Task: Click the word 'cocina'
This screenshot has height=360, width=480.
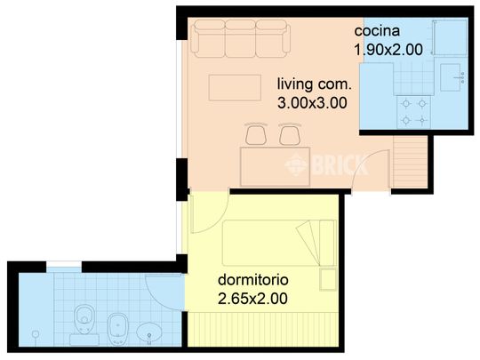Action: click(x=375, y=31)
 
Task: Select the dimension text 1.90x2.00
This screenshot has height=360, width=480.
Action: click(x=388, y=50)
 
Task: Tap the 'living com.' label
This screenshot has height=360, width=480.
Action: click(x=315, y=84)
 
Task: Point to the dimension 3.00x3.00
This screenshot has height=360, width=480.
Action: click(x=312, y=102)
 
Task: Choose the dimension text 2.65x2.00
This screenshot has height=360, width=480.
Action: click(x=252, y=299)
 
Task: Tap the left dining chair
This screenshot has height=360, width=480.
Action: click(x=257, y=134)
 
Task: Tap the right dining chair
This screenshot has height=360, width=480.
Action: click(x=289, y=134)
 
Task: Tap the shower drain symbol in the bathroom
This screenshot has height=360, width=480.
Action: click(x=35, y=333)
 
